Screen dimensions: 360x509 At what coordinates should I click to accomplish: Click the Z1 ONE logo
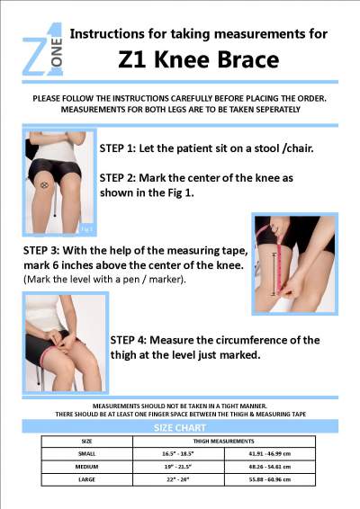coord(42,49)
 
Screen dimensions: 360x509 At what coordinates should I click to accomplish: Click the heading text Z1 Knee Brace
coord(199,59)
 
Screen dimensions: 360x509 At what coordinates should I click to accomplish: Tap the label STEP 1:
coord(118,148)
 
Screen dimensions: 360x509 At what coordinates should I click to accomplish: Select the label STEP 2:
coord(118,178)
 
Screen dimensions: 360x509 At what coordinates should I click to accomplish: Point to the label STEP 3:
coord(41,250)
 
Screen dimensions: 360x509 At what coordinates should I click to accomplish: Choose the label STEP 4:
coord(129,340)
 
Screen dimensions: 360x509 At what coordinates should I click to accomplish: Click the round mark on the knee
coord(45,185)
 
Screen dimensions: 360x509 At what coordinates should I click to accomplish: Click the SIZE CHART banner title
coord(180,427)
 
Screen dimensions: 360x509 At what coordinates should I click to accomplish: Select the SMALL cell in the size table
coord(86,454)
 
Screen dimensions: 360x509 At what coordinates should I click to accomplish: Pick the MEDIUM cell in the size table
coord(86,467)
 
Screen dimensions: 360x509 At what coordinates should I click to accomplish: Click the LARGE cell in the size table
coord(86,479)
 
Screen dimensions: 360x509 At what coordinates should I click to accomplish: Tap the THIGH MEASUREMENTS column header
coord(223,442)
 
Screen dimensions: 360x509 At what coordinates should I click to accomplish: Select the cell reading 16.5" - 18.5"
coord(178,454)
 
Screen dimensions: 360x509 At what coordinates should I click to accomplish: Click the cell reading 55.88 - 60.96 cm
coord(270,479)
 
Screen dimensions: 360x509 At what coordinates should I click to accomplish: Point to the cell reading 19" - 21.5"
coord(178,467)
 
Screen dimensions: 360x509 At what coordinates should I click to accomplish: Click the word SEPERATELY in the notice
coord(278,110)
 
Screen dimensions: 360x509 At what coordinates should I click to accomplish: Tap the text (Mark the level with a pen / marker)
coord(104,279)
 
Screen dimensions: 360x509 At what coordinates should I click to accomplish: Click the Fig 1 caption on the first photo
coord(86,228)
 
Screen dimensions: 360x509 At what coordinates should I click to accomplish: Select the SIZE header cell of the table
coord(86,442)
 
